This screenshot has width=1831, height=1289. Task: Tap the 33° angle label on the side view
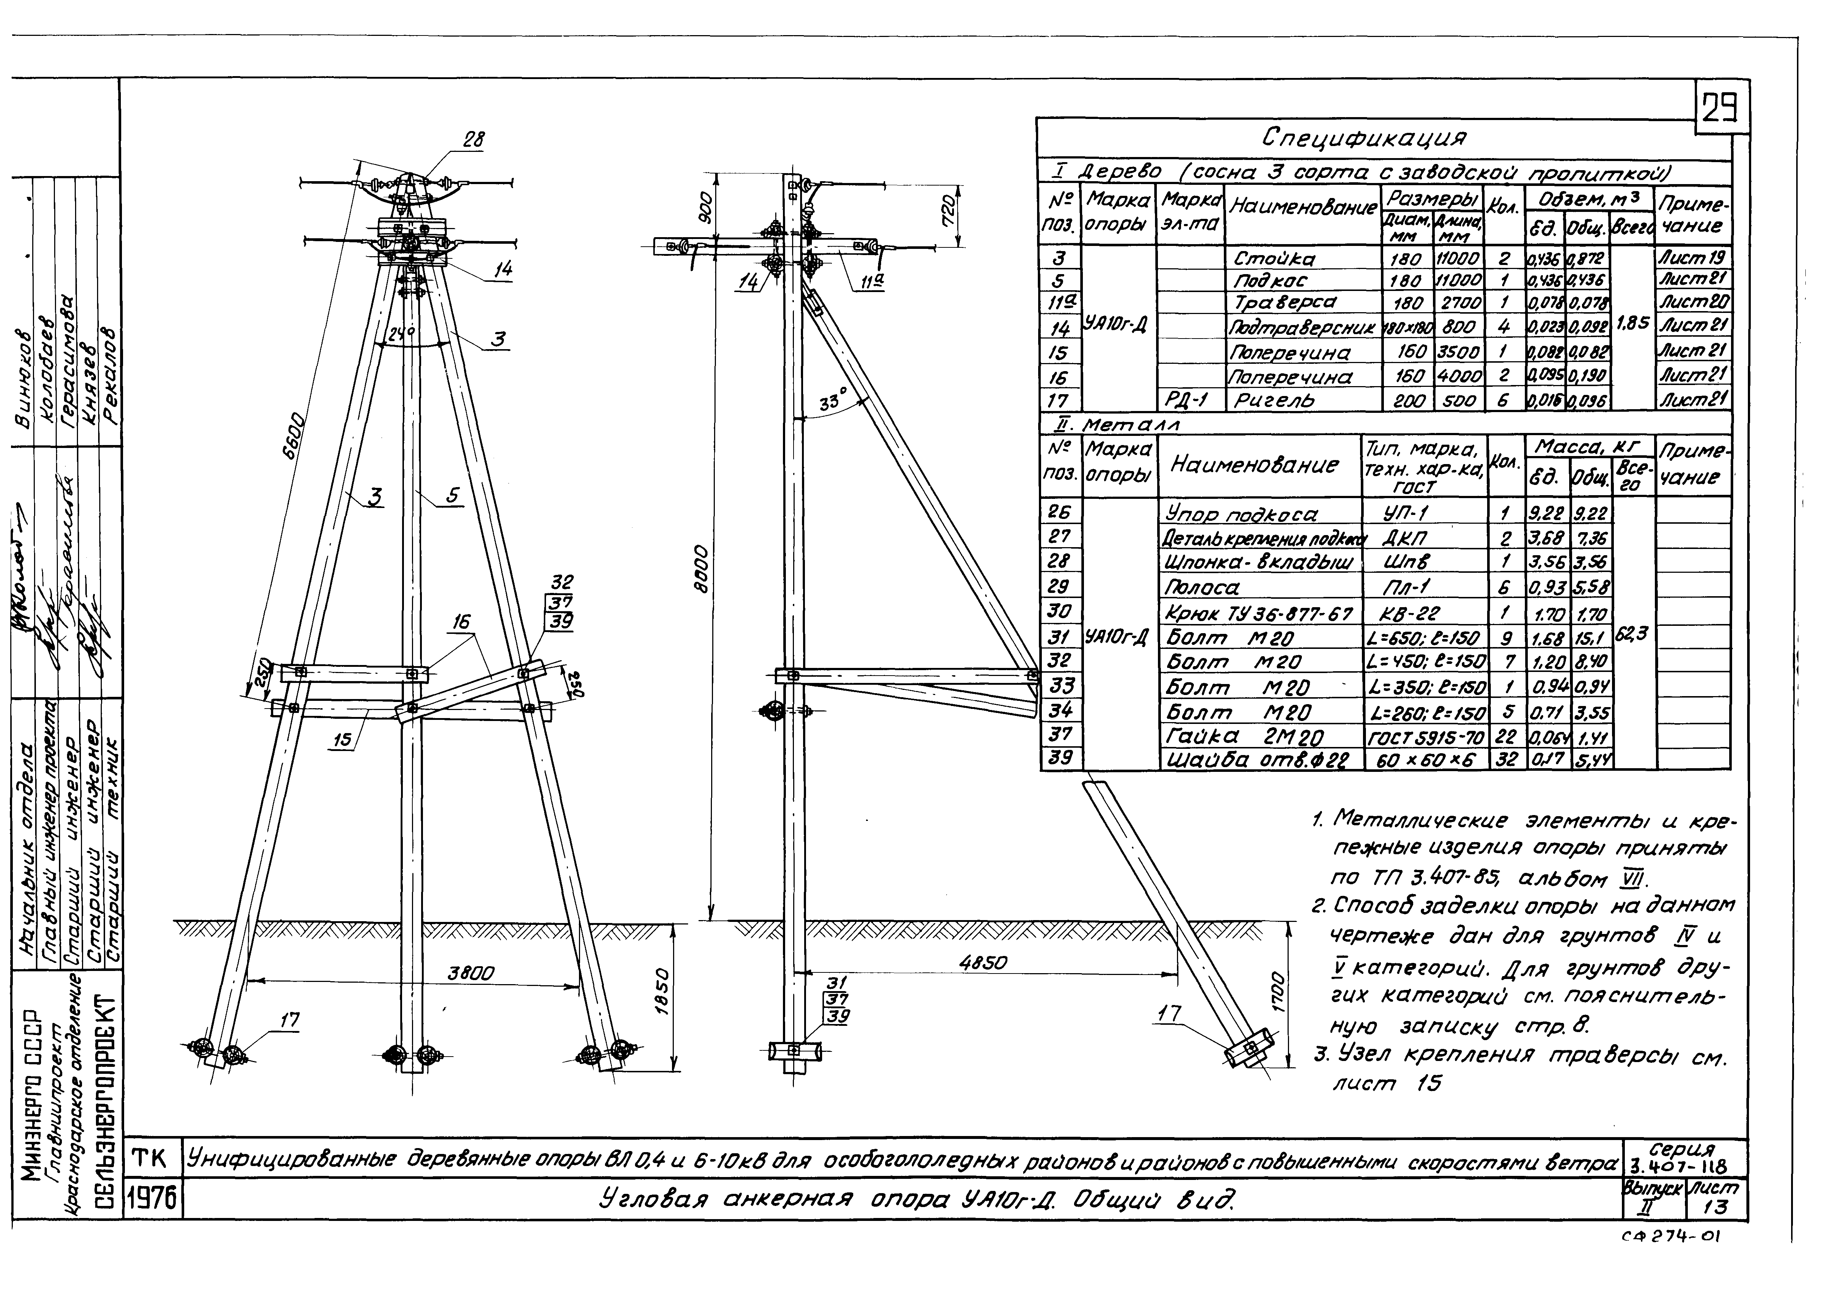[x=833, y=403]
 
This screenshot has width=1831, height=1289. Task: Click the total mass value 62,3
[x=1633, y=635]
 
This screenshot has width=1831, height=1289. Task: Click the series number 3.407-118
[x=1684, y=1166]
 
